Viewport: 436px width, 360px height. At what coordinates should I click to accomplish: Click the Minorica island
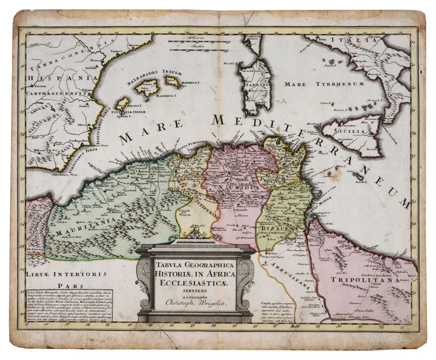(173, 82)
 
